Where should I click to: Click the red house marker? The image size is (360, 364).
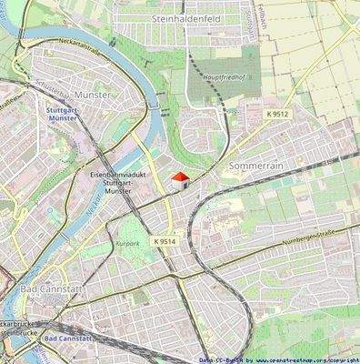click(x=180, y=179)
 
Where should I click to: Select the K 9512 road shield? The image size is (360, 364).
click(x=279, y=114)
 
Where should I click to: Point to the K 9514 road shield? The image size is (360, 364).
click(x=165, y=241)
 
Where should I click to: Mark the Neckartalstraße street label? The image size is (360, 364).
click(x=87, y=52)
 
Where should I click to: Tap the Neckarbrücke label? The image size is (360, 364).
click(x=18, y=324)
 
